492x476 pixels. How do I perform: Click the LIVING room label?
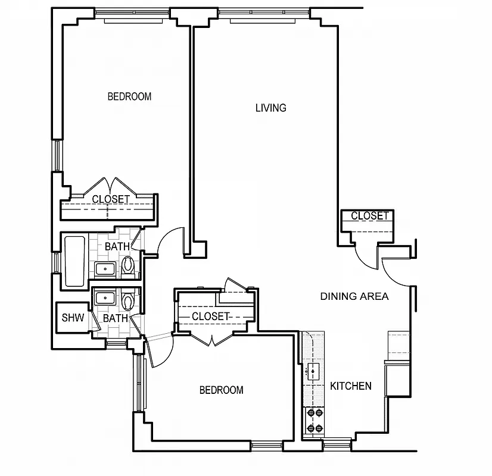point(270,108)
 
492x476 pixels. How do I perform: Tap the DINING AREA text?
point(354,296)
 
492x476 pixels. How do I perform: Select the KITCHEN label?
point(351,386)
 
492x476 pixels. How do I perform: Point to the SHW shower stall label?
point(73,318)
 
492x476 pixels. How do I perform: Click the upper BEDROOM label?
point(129,96)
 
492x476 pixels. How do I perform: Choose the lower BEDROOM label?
point(221,390)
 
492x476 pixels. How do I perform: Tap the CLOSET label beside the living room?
point(369,216)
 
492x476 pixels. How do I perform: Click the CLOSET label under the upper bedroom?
point(111,199)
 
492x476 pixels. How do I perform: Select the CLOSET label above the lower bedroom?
point(210,317)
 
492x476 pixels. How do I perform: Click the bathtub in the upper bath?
point(74,262)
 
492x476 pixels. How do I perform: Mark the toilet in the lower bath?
point(127,300)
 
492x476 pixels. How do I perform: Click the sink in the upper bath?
point(106,269)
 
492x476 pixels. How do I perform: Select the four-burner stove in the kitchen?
point(313,420)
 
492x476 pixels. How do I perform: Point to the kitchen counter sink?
point(312,372)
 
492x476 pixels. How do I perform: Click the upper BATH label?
point(117,246)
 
